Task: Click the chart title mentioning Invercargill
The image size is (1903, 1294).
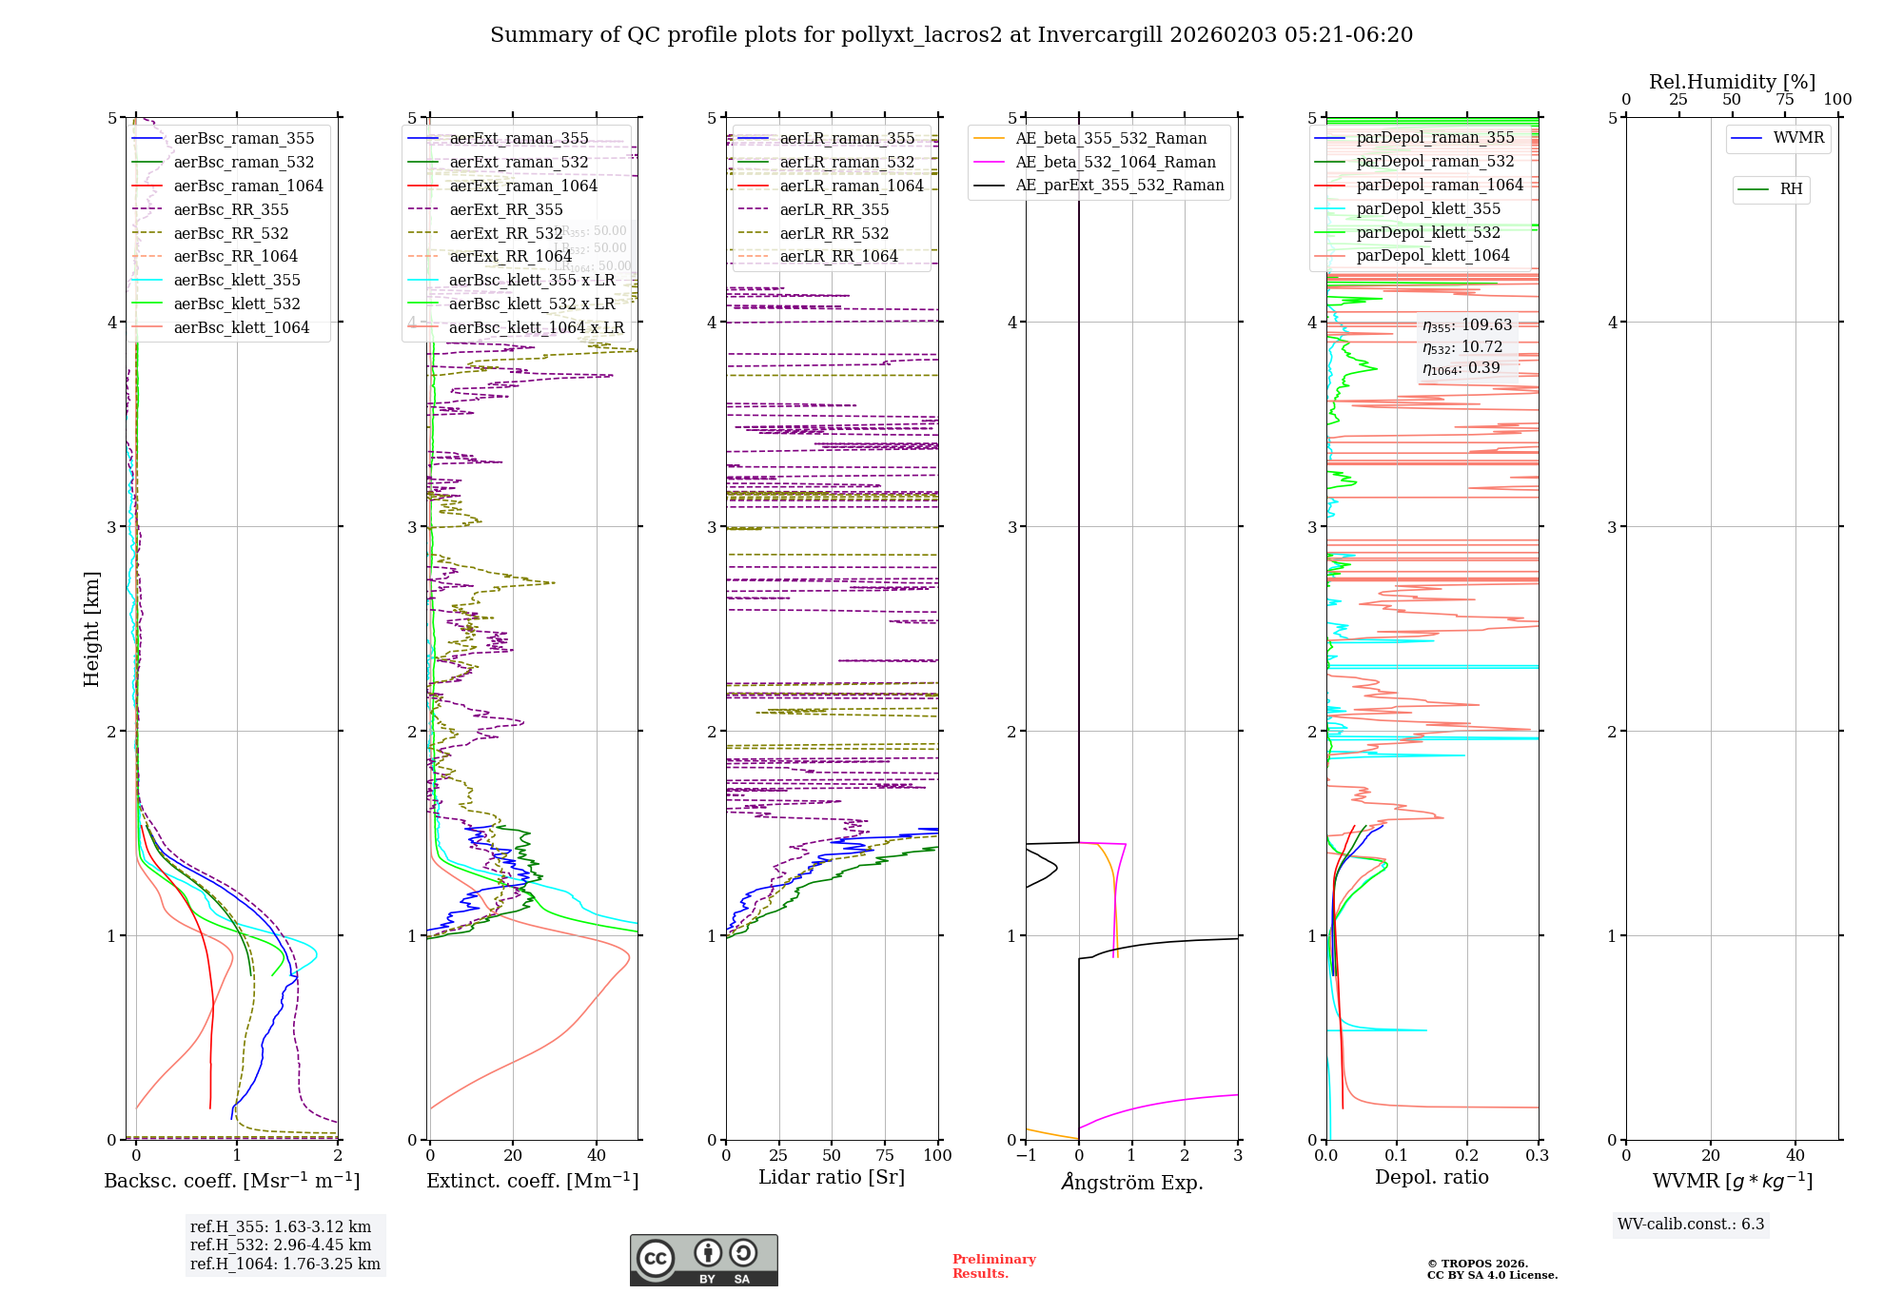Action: point(951,35)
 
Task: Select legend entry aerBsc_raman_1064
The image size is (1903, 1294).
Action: point(247,186)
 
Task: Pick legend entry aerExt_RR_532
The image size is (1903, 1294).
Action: point(505,234)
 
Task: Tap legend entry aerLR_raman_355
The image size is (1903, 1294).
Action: point(846,139)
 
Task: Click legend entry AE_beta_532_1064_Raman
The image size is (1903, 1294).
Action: point(1115,163)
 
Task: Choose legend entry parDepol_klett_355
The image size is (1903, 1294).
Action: point(1427,209)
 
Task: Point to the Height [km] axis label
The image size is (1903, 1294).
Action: point(91,628)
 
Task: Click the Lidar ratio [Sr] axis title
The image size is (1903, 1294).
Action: point(832,1177)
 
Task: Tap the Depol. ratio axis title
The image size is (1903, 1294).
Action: point(1431,1177)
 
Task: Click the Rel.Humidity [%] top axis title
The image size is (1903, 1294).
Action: point(1732,82)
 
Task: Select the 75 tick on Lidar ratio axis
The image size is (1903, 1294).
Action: point(885,1155)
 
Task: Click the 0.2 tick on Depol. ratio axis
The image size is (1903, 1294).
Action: point(1467,1155)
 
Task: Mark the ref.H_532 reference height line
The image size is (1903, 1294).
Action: point(281,1245)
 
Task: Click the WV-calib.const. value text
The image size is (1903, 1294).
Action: point(1691,1225)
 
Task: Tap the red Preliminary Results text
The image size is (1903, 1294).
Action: point(993,1266)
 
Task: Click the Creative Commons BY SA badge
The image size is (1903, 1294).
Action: point(703,1261)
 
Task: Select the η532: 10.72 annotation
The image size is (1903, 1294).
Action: point(1462,347)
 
